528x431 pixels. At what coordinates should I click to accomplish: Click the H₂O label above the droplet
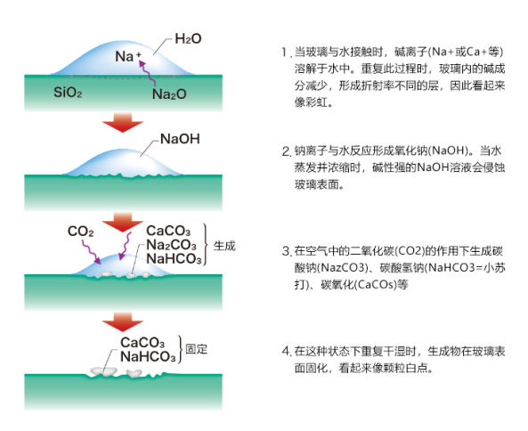[x=188, y=38]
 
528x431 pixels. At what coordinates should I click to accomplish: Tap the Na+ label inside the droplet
[x=128, y=56]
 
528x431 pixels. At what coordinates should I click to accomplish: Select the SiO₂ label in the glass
[x=68, y=92]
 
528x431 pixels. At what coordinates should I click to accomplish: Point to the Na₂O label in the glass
[x=169, y=94]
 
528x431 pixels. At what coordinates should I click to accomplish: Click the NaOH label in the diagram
[x=180, y=139]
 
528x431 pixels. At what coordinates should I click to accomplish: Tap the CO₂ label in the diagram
[x=80, y=232]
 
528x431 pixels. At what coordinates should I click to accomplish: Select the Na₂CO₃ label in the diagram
[x=171, y=245]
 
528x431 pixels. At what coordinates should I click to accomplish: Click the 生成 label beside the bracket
[x=224, y=246]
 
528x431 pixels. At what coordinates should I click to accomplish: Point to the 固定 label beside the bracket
[x=196, y=349]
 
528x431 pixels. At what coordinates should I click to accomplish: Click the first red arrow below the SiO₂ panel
[x=123, y=122]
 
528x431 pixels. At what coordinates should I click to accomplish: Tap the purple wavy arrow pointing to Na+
[x=147, y=73]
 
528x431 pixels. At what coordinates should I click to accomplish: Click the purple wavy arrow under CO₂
[x=91, y=251]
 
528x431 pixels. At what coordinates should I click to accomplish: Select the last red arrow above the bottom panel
[x=123, y=321]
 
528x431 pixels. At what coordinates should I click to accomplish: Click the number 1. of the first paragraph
[x=286, y=53]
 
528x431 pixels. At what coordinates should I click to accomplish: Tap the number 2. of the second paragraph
[x=287, y=151]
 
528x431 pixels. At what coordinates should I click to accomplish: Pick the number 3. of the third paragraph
[x=287, y=251]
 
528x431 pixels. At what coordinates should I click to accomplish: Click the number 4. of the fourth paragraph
[x=287, y=351]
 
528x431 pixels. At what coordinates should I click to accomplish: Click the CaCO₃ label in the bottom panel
[x=142, y=343]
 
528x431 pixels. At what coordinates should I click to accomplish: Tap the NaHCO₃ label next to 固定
[x=148, y=356]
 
